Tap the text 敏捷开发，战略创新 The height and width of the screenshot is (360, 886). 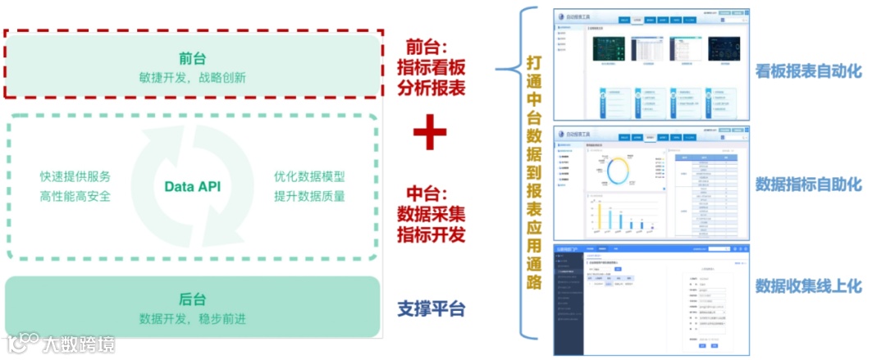point(193,78)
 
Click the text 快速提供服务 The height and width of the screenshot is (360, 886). point(75,177)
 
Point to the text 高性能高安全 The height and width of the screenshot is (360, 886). point(75,196)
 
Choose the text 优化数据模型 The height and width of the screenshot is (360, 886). point(309,177)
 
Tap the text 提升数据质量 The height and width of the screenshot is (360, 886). point(309,196)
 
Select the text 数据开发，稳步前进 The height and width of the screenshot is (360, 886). point(193,318)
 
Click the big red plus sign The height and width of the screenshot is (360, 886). point(429,134)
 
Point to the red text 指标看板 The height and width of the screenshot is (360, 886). point(432,66)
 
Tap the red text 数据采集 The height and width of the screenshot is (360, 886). point(432,215)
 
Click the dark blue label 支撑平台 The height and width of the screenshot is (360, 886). point(432,309)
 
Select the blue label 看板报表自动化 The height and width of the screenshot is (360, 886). point(808,71)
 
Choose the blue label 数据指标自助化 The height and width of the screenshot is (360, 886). point(808,185)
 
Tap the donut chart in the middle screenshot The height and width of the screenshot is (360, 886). point(620,170)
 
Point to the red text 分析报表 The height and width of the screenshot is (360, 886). point(432,87)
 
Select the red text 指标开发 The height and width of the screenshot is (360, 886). point(432,235)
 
